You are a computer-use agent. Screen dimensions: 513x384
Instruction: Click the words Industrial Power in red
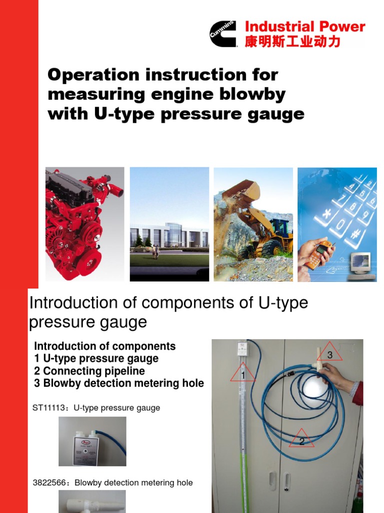tap(304, 27)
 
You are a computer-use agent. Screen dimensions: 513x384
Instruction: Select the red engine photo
tap(84, 223)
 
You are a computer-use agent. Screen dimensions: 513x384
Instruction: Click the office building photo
tap(169, 223)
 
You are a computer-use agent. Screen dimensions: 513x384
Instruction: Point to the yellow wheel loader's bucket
tap(242, 193)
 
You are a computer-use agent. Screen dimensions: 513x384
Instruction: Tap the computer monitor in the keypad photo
tap(360, 262)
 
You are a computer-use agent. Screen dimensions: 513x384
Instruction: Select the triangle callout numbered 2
tap(301, 439)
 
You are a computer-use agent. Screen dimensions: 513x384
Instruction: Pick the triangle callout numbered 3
tap(329, 353)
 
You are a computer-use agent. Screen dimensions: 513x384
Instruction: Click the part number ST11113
tap(48, 408)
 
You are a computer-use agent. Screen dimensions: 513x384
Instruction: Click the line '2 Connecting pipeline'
tap(89, 371)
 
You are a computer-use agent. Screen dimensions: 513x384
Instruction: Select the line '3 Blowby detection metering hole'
tap(119, 383)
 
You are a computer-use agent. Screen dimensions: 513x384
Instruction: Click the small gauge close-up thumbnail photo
tap(92, 441)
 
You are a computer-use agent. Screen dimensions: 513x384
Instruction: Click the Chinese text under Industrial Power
tap(292, 41)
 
